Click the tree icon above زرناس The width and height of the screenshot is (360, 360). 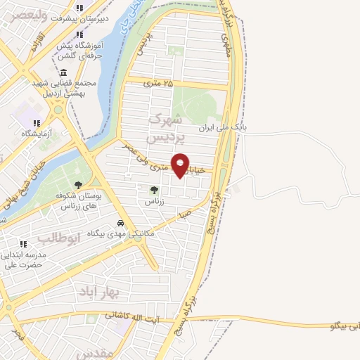(154, 189)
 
